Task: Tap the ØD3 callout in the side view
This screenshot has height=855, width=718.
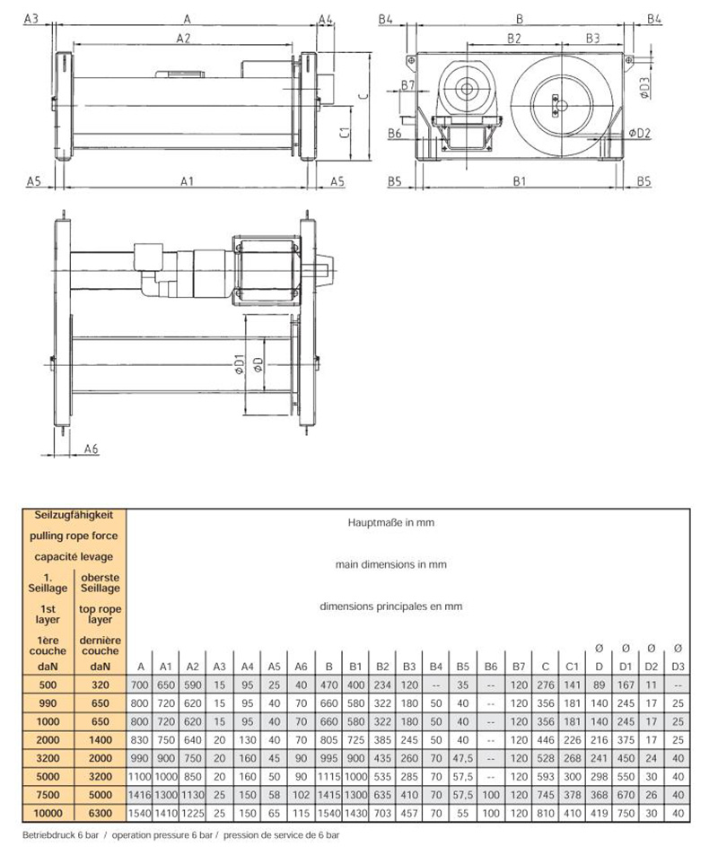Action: point(645,86)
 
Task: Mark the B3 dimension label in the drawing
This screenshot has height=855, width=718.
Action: point(592,39)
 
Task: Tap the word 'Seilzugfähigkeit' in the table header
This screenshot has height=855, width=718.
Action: point(73,516)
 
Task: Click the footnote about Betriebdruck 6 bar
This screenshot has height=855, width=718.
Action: point(179,834)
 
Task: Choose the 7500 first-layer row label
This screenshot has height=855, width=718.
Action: point(46,795)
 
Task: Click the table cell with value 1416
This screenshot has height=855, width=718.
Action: point(140,795)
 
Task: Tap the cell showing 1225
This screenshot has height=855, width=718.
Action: point(192,813)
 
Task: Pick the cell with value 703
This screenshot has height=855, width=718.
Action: point(382,813)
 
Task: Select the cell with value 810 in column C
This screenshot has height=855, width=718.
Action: point(544,813)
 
